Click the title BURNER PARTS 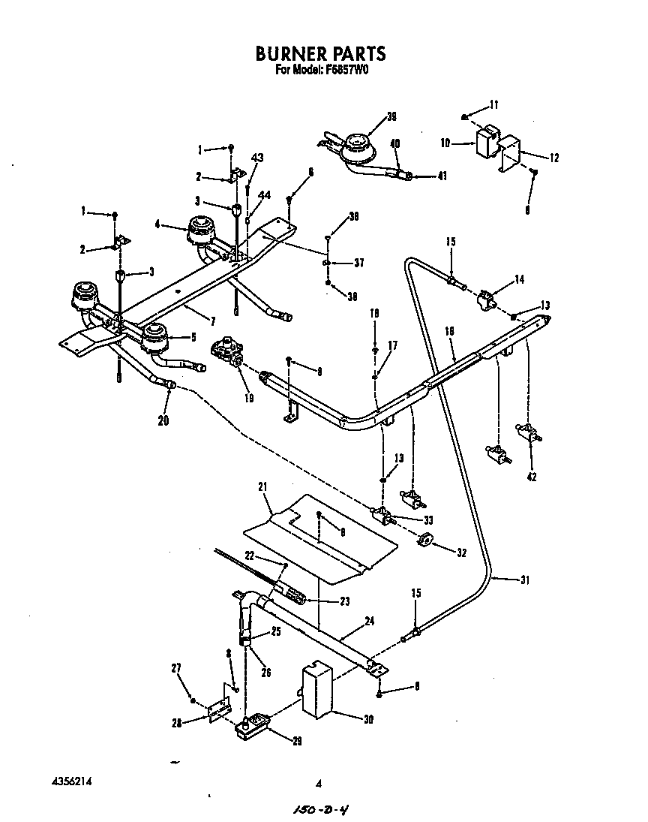click(320, 53)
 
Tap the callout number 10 click(465, 142)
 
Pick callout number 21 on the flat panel click(262, 488)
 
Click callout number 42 click(532, 476)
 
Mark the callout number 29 click(297, 741)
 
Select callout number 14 click(520, 279)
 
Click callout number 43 click(257, 158)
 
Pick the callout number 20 click(163, 420)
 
